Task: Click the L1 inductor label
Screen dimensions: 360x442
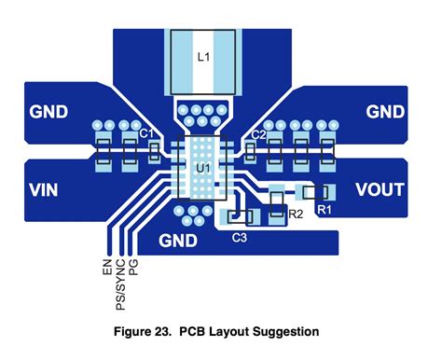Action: coord(204,56)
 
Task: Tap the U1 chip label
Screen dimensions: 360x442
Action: coord(201,168)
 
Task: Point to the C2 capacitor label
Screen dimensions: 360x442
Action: coord(259,136)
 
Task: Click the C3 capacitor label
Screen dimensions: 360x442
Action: coord(239,238)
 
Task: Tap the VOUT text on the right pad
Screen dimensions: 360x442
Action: coord(380,190)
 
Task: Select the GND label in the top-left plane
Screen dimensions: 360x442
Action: coord(48,112)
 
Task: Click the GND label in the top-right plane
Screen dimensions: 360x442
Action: coord(385,112)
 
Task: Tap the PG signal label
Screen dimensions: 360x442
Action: coord(133,270)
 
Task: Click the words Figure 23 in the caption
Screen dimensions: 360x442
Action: coord(144,331)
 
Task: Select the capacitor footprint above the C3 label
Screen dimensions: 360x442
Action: coord(240,217)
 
